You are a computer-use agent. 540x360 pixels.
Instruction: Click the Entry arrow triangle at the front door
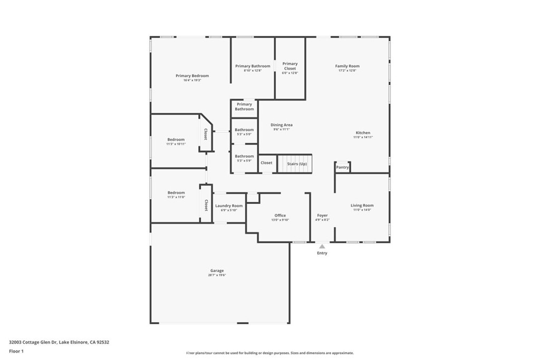(322, 246)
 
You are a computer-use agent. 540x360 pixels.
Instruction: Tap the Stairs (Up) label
(297, 164)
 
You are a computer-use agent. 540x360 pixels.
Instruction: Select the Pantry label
(343, 167)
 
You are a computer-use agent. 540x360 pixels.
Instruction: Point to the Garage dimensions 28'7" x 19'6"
(217, 275)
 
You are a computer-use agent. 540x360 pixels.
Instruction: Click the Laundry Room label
(229, 206)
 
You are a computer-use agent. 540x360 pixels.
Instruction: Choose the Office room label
(280, 215)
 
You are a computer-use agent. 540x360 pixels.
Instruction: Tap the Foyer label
(322, 215)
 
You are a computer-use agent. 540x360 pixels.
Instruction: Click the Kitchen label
(363, 133)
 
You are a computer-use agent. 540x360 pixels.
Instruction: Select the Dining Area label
(282, 125)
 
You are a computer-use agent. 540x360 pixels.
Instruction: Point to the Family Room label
(347, 66)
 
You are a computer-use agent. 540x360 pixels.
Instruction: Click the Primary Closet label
(290, 66)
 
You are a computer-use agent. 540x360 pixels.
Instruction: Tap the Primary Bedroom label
(192, 76)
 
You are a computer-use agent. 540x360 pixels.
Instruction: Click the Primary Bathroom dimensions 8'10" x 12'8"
(253, 70)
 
